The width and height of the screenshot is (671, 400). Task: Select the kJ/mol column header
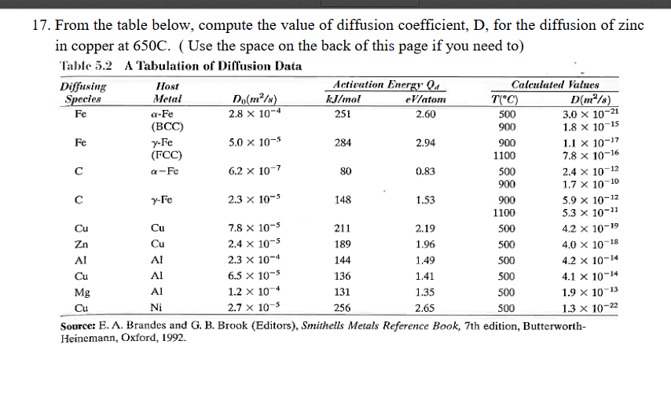click(x=342, y=98)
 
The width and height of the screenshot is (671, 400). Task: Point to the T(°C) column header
click(x=503, y=98)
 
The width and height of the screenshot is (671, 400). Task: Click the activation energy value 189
click(x=343, y=244)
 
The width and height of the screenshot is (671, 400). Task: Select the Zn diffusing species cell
click(x=80, y=244)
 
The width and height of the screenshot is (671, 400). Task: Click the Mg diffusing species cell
click(x=82, y=292)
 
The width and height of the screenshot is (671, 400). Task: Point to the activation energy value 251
click(x=343, y=112)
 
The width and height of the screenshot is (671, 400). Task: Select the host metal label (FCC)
click(x=166, y=155)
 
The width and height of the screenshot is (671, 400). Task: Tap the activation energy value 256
click(x=343, y=307)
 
